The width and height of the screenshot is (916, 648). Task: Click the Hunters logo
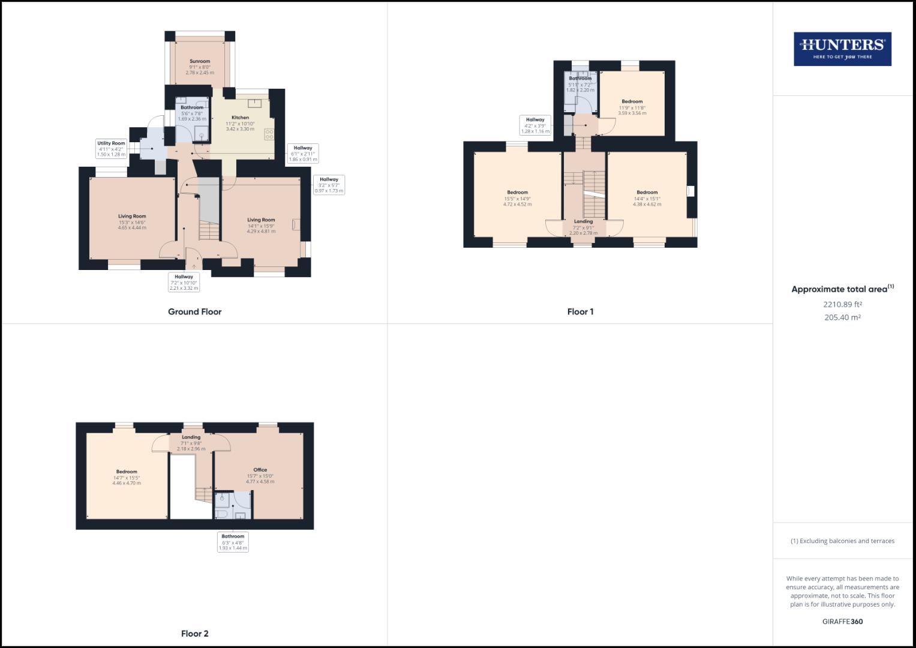click(x=842, y=49)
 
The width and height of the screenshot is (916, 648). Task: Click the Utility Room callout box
click(x=112, y=149)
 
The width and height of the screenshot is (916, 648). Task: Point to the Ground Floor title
click(x=194, y=312)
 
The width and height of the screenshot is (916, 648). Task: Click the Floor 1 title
click(x=580, y=312)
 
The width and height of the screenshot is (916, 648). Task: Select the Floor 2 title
click(x=195, y=634)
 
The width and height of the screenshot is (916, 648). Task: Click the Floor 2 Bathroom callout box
click(x=233, y=542)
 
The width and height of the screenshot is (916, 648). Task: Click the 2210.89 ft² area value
click(x=842, y=304)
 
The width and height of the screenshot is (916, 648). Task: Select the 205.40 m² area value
click(x=842, y=317)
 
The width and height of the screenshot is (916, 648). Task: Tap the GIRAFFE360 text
click(x=842, y=622)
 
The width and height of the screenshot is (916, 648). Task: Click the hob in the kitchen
click(x=269, y=134)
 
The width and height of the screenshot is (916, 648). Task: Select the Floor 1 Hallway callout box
click(x=535, y=125)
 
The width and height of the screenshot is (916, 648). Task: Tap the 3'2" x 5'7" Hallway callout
click(x=328, y=185)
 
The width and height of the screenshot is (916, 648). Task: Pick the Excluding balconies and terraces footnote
click(x=842, y=541)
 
